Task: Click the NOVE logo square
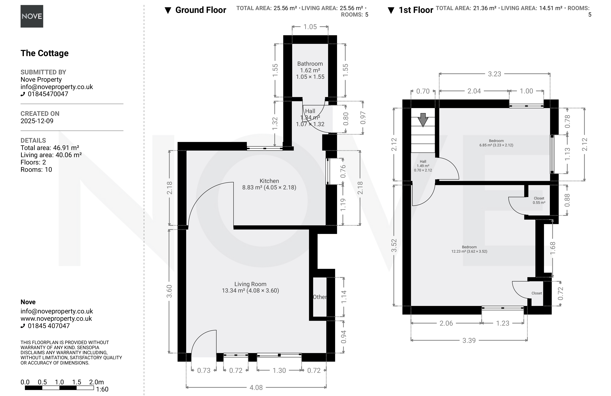point(32,16)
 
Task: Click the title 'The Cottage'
point(44,53)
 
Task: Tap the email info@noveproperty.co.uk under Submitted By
point(57,87)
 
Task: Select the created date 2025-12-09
point(37,121)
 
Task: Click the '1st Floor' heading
point(416,10)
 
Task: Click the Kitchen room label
point(269,181)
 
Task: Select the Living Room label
point(250,284)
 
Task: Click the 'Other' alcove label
point(320,297)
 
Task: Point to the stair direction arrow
point(423,120)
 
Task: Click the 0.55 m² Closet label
point(539,200)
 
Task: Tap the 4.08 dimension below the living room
point(256,387)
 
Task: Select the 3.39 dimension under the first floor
point(469,341)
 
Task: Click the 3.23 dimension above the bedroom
point(494,74)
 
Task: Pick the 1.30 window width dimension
point(279,370)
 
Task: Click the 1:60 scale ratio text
point(102,389)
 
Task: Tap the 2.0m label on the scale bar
point(96,382)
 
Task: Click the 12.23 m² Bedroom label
point(469,249)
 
